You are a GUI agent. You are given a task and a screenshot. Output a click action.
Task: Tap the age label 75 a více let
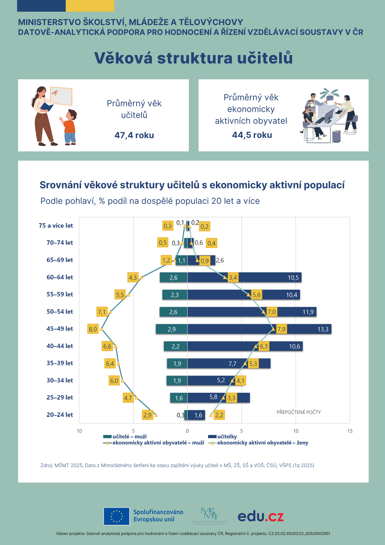[56, 226]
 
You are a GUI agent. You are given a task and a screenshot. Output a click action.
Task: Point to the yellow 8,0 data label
[93, 329]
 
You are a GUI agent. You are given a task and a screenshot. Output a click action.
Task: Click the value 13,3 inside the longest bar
[323, 329]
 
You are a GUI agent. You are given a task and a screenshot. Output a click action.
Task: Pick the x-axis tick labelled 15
[350, 431]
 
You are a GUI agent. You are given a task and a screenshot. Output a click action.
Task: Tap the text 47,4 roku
[134, 135]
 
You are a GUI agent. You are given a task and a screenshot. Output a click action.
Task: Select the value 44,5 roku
[252, 135]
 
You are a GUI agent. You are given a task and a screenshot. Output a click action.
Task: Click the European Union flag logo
[117, 516]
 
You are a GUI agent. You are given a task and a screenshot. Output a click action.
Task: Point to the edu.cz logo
[261, 516]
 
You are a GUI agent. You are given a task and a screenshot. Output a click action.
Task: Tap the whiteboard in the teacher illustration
[62, 96]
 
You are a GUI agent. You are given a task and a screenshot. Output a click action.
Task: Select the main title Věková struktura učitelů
[193, 58]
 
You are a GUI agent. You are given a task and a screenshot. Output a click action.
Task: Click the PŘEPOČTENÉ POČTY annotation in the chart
[299, 412]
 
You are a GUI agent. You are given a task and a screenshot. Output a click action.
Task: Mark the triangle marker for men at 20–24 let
[156, 415]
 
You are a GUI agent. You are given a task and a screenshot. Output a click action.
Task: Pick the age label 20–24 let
[60, 415]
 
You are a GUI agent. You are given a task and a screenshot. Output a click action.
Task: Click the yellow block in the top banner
[90, 6]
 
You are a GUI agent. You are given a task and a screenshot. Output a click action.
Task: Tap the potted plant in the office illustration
[330, 94]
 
